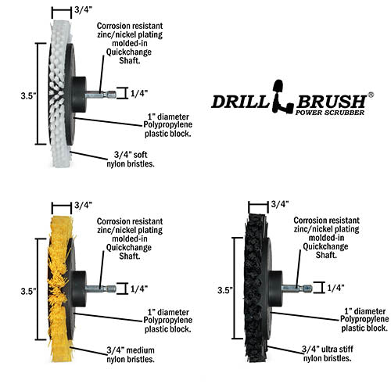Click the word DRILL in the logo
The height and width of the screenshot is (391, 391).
tap(240, 102)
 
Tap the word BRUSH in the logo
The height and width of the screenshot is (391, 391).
tap(331, 102)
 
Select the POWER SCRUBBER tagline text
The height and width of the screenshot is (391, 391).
tap(330, 113)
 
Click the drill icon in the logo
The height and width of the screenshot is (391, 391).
tap(282, 96)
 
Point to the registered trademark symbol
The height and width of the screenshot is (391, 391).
tap(371, 95)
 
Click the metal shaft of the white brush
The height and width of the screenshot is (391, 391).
tap(101, 95)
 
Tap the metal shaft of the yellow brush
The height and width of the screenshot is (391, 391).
tap(101, 289)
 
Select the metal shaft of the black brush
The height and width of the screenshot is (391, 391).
tap(297, 288)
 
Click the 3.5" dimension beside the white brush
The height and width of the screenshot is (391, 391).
tap(28, 95)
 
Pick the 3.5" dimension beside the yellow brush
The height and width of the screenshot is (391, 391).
tap(28, 291)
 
